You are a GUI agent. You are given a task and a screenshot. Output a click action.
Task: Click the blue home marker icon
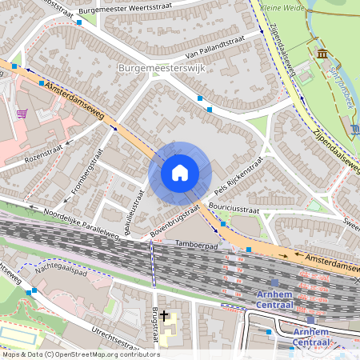[180, 173]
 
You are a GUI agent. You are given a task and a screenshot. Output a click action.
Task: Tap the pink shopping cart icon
[22, 114]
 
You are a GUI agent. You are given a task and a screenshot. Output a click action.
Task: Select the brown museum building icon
[322, 54]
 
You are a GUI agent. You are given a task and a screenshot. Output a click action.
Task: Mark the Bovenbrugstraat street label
[174, 220]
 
